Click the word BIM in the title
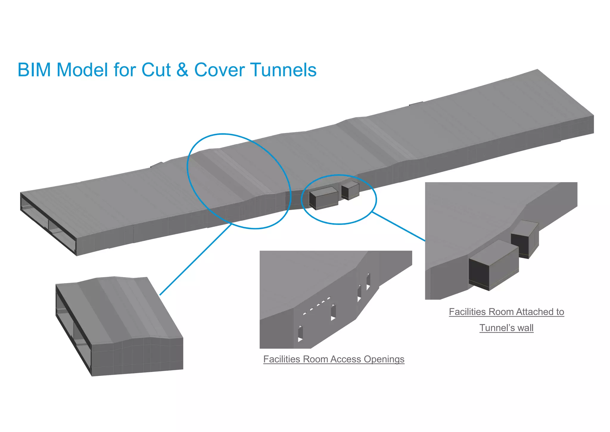[x=34, y=70]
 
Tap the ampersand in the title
[x=182, y=70]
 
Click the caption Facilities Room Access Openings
[x=334, y=359]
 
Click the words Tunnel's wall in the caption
[x=506, y=328]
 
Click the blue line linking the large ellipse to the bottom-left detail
[x=195, y=260]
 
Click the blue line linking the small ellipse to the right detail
[x=399, y=227]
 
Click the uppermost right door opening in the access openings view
[x=368, y=280]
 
